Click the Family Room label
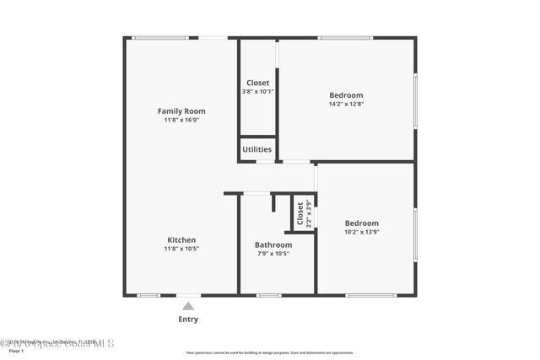(x=181, y=111)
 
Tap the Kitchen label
(x=181, y=239)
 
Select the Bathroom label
(x=273, y=245)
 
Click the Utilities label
(x=257, y=149)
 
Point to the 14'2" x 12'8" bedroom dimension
(x=346, y=105)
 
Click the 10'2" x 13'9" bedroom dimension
(x=361, y=232)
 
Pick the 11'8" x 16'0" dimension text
(x=181, y=121)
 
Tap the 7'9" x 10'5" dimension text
(x=273, y=254)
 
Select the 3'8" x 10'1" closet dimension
(x=257, y=91)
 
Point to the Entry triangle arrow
(x=188, y=306)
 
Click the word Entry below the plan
(x=188, y=320)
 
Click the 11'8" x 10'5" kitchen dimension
(x=181, y=249)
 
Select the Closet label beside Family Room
(x=257, y=83)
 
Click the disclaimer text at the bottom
(x=270, y=352)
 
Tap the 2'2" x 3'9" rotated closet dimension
(x=310, y=214)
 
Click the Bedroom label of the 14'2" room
(x=346, y=95)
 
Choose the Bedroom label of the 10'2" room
(x=361, y=223)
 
